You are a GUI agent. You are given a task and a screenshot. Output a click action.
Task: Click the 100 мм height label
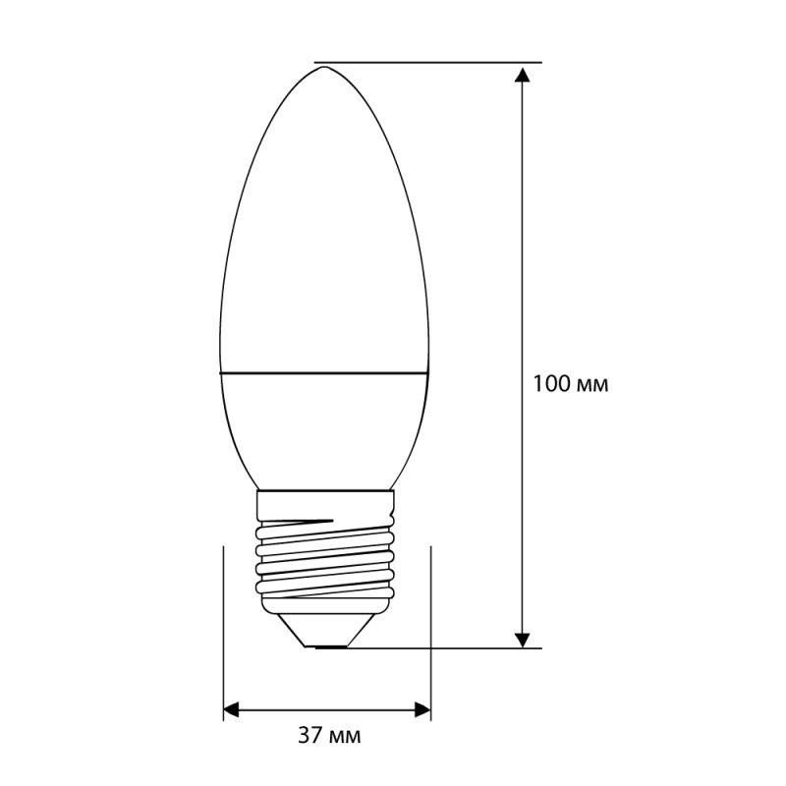click(x=571, y=384)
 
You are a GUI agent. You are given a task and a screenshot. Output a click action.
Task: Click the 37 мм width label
click(x=327, y=736)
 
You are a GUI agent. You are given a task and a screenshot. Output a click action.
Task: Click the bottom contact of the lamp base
click(x=327, y=646)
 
